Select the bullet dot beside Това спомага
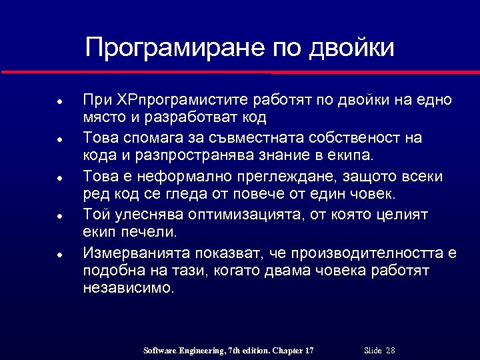(x=59, y=141)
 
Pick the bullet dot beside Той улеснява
(x=59, y=217)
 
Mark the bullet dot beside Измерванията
(x=59, y=255)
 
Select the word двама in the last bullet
(x=303, y=271)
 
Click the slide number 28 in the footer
(x=391, y=351)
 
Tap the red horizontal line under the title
(x=240, y=71)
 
